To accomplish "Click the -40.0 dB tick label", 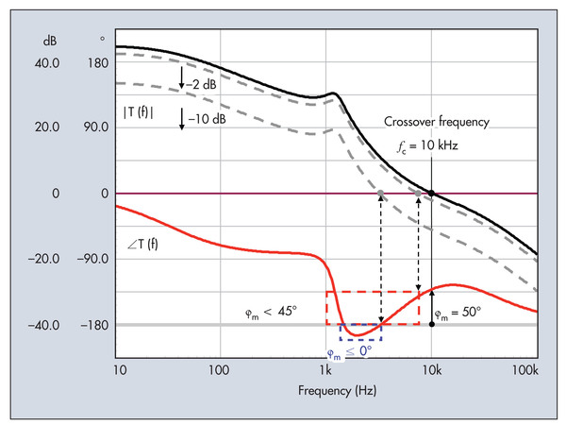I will coord(44,326).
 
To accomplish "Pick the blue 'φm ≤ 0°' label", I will coord(350,349).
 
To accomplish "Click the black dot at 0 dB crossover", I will coord(431,194).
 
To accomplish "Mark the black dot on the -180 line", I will coord(431,324).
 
